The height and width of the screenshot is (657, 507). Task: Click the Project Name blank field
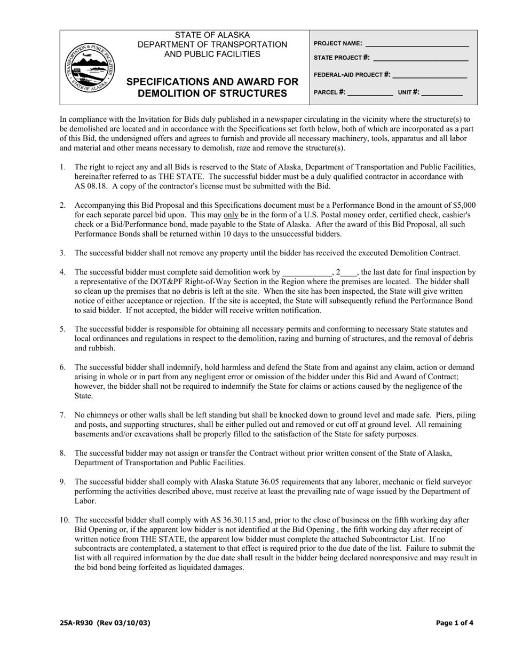[x=416, y=44]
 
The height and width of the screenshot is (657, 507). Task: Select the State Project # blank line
[x=421, y=59]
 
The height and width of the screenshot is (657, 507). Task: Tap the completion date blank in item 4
[x=307, y=272]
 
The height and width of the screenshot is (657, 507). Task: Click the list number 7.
[x=62, y=415]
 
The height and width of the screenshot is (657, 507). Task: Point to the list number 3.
[x=62, y=253]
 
